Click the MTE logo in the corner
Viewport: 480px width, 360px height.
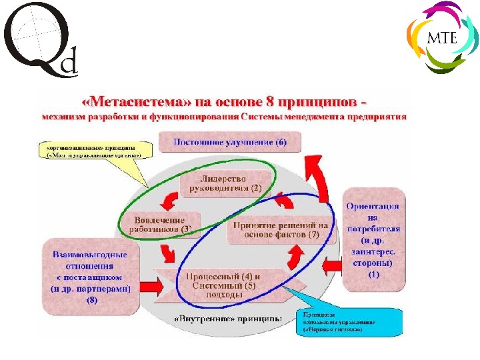(x=441, y=37)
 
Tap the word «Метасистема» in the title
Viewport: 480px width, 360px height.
(x=136, y=103)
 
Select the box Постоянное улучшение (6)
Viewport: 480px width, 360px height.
(x=230, y=142)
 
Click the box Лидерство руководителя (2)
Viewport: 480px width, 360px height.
(x=223, y=183)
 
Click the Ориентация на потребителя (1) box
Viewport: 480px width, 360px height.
(x=373, y=240)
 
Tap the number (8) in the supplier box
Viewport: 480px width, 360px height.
(x=91, y=300)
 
